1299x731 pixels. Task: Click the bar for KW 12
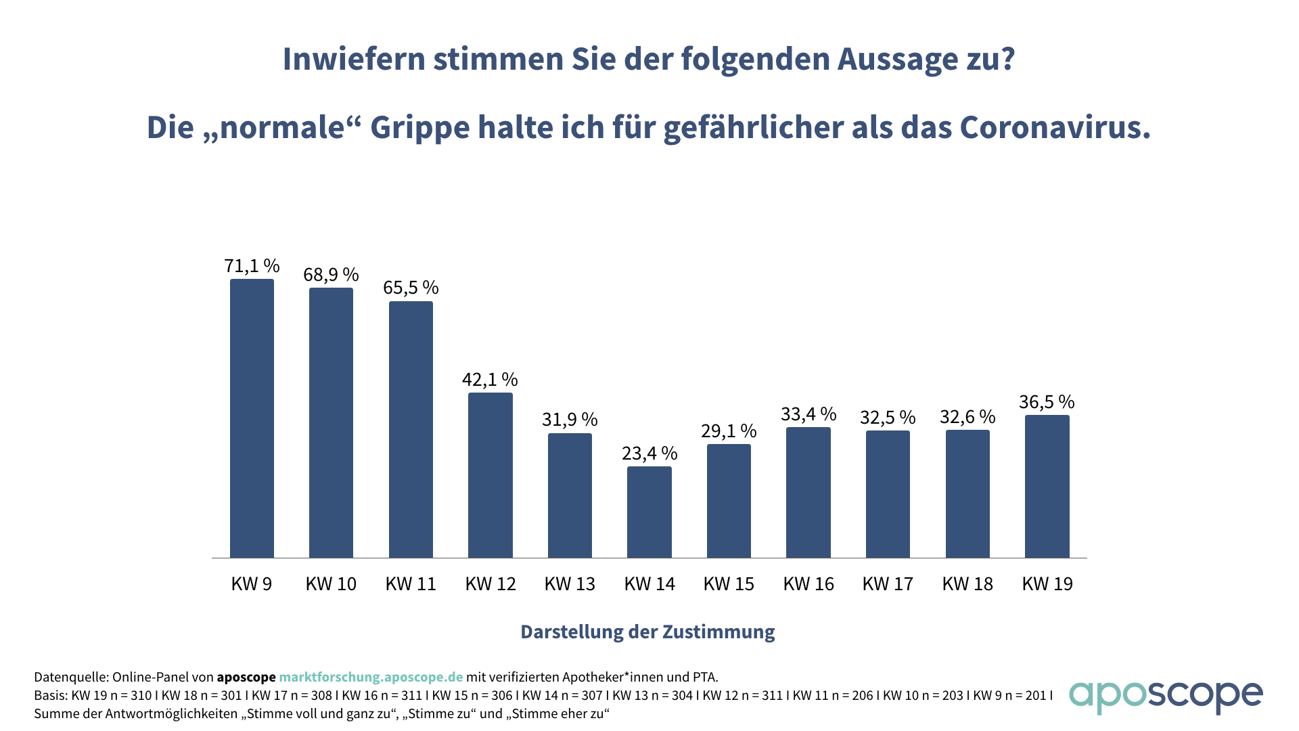(490, 475)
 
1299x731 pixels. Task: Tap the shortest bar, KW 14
(649, 512)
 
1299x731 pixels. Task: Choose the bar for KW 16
(808, 492)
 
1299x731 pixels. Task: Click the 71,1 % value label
(252, 265)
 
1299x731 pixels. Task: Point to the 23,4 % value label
(649, 453)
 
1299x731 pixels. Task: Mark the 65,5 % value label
(411, 288)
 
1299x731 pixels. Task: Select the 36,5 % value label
(1047, 402)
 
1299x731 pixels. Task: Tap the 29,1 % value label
(729, 430)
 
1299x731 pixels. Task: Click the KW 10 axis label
(331, 583)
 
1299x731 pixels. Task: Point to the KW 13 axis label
(570, 583)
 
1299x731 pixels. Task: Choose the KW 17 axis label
(888, 583)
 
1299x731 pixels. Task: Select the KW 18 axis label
(967, 583)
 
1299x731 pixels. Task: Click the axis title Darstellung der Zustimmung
(647, 632)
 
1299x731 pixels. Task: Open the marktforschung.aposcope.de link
(371, 677)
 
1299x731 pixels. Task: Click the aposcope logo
(1166, 696)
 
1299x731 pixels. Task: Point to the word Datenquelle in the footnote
(70, 677)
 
